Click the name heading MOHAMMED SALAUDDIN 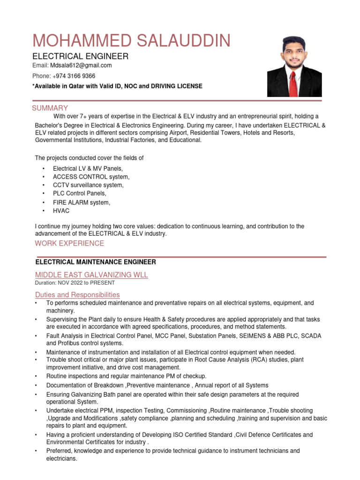[x=131, y=41]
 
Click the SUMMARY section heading [x=50, y=108]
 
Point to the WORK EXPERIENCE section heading [x=69, y=243]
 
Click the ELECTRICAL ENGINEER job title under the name [x=80, y=56]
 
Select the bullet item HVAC [x=61, y=211]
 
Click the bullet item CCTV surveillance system [x=88, y=185]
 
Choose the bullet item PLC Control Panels [x=80, y=194]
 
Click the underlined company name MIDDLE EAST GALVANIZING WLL [x=91, y=275]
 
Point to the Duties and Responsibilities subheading [x=77, y=295]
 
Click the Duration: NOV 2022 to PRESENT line [x=75, y=283]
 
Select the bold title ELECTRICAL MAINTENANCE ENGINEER [x=96, y=262]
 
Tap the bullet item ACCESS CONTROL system [x=91, y=177]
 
